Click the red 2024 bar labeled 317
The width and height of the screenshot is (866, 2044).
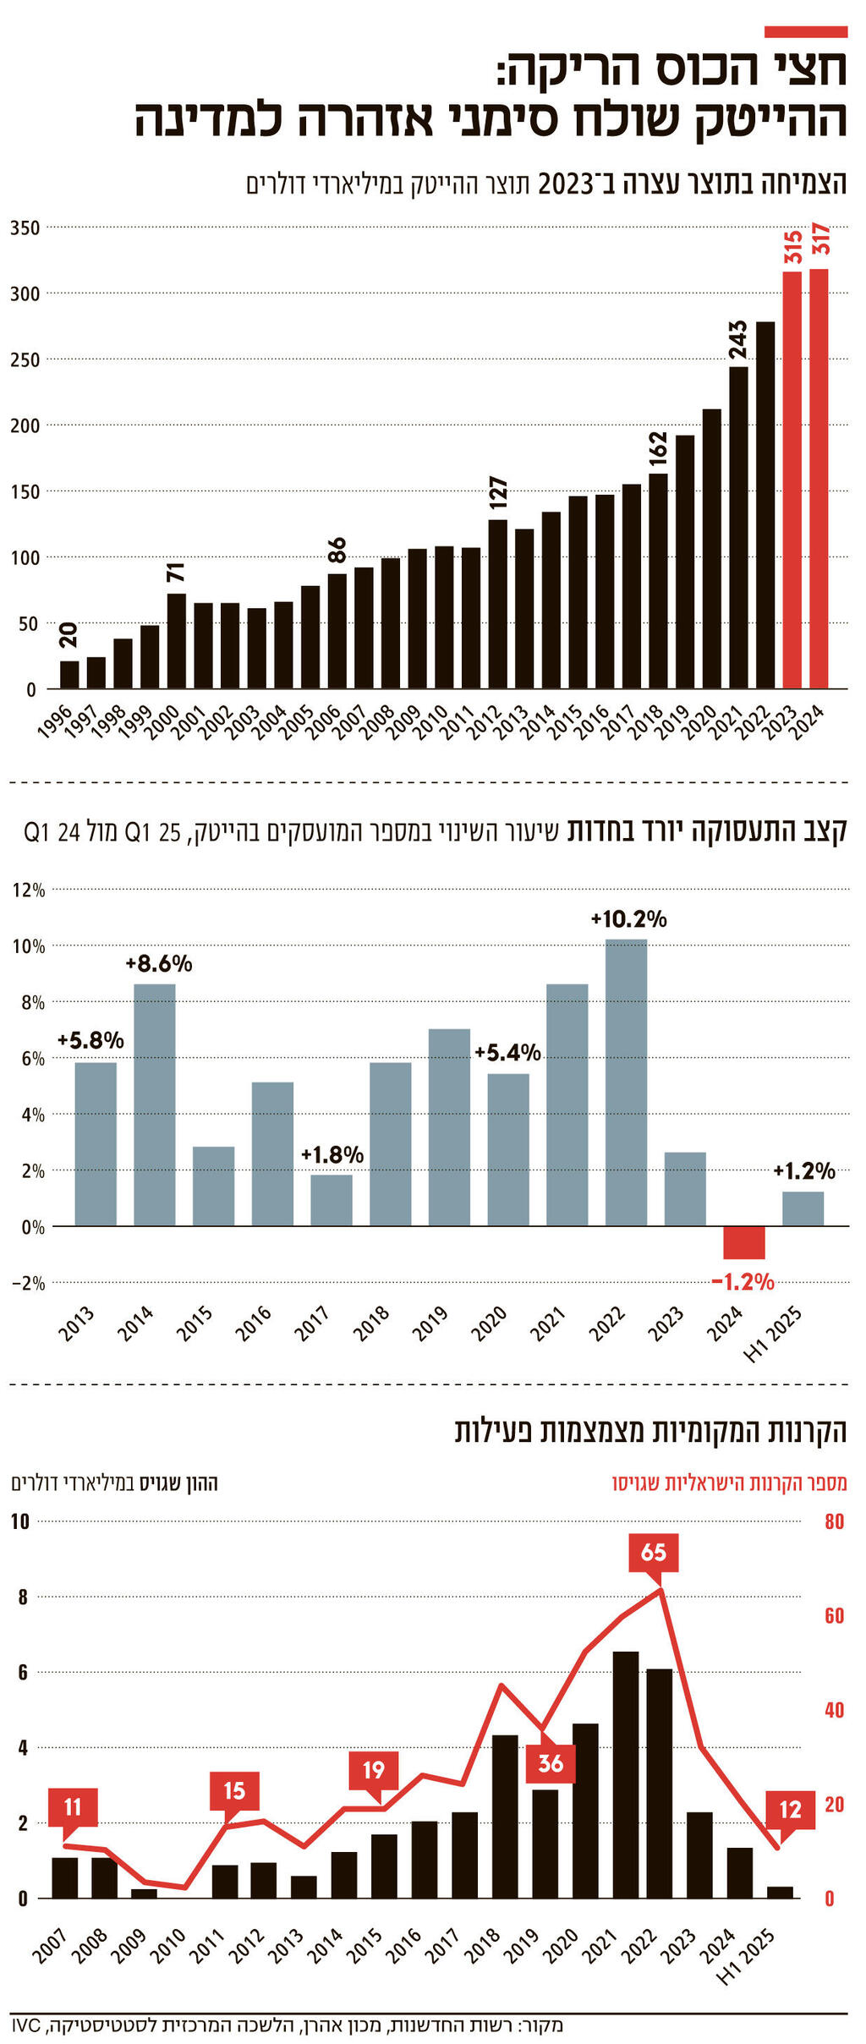819,479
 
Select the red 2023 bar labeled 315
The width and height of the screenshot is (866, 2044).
792,479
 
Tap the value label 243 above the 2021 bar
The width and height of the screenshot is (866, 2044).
738,339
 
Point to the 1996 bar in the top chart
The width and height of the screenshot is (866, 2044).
69,674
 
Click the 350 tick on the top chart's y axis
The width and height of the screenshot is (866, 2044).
25,227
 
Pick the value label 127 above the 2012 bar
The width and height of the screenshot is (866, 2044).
498,492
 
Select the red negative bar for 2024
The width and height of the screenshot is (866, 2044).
744,1242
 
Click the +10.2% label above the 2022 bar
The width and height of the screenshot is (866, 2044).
628,919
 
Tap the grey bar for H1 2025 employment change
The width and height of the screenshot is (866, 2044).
803,1208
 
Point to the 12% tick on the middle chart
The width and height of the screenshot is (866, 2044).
28,890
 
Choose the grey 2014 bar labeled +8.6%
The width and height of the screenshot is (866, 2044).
155,1104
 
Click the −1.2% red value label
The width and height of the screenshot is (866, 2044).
743,1282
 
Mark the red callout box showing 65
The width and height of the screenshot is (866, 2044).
654,1553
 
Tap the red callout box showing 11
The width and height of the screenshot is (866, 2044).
73,1807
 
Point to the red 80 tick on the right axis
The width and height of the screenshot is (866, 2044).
834,1522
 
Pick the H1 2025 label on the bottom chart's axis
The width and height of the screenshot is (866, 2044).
747,1957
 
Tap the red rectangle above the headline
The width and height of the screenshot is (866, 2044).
805,32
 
